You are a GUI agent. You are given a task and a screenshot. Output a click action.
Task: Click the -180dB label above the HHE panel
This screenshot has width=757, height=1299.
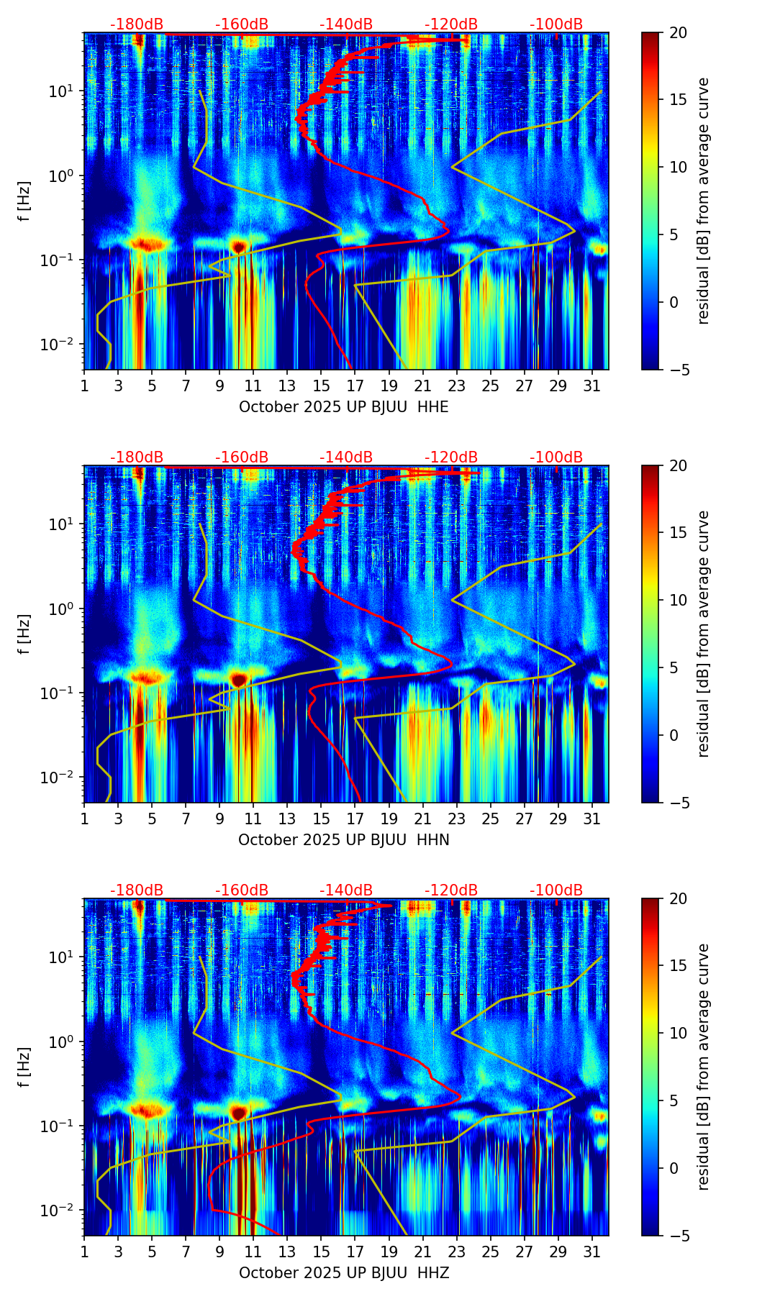click(x=137, y=24)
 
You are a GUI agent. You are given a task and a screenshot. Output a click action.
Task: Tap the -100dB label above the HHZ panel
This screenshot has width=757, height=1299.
click(x=556, y=890)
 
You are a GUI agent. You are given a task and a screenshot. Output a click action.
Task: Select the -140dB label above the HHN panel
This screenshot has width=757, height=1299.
click(x=346, y=457)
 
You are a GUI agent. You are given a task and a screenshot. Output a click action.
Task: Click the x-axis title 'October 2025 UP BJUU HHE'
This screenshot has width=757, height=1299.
click(x=343, y=407)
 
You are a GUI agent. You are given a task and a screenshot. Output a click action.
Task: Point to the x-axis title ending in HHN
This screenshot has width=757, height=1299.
click(x=343, y=840)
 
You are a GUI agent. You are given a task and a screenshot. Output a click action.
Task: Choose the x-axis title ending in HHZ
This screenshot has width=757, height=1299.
click(x=343, y=1273)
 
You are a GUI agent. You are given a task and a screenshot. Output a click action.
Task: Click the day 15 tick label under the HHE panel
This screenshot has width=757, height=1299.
click(x=321, y=386)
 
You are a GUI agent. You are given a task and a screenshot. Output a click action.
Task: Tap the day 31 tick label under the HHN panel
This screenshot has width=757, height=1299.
click(x=591, y=819)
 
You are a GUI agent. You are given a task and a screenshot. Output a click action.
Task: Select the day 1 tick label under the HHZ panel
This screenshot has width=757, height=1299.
click(x=85, y=1252)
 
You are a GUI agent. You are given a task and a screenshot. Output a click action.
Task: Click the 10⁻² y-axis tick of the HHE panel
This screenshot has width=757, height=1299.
click(x=60, y=345)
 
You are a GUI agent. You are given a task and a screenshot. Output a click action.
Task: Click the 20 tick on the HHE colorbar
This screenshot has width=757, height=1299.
click(x=678, y=33)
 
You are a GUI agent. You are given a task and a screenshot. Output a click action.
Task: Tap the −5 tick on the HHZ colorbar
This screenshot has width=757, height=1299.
click(x=678, y=1236)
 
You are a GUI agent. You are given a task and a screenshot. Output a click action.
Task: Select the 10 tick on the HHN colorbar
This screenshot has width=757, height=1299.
click(x=678, y=600)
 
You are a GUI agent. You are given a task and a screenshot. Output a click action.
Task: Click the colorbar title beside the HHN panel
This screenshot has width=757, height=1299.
click(x=703, y=634)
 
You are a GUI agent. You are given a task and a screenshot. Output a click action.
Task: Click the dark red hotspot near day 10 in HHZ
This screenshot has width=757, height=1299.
click(x=238, y=1113)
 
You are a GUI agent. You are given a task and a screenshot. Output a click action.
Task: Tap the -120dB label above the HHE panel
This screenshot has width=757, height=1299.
click(x=451, y=24)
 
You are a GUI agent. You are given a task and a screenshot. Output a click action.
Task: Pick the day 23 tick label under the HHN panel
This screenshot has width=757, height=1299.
click(x=456, y=819)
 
